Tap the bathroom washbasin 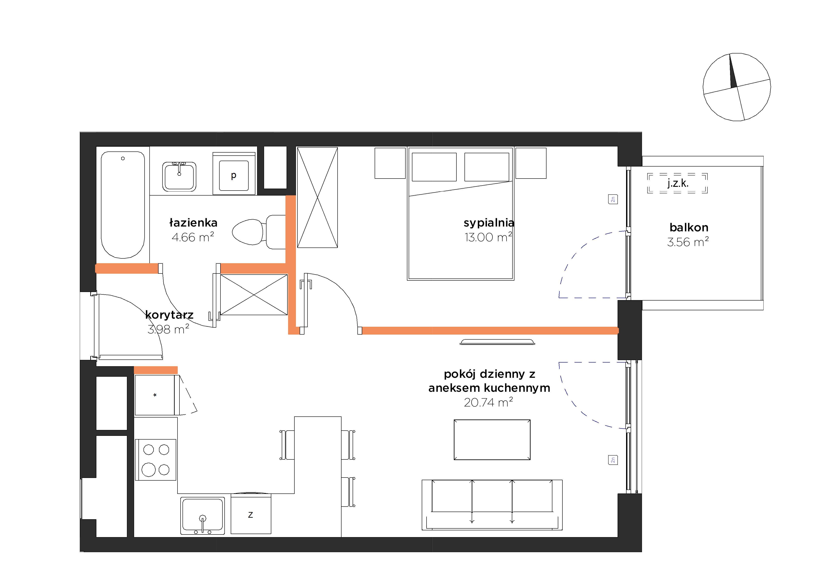click(x=179, y=177)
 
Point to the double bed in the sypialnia click(x=461, y=213)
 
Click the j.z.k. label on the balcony click(x=678, y=183)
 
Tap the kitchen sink click(x=203, y=516)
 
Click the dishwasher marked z click(x=251, y=514)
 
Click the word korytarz click(x=169, y=315)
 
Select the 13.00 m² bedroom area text click(x=488, y=237)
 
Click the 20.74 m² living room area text click(x=488, y=402)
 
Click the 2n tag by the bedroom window click(x=613, y=199)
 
